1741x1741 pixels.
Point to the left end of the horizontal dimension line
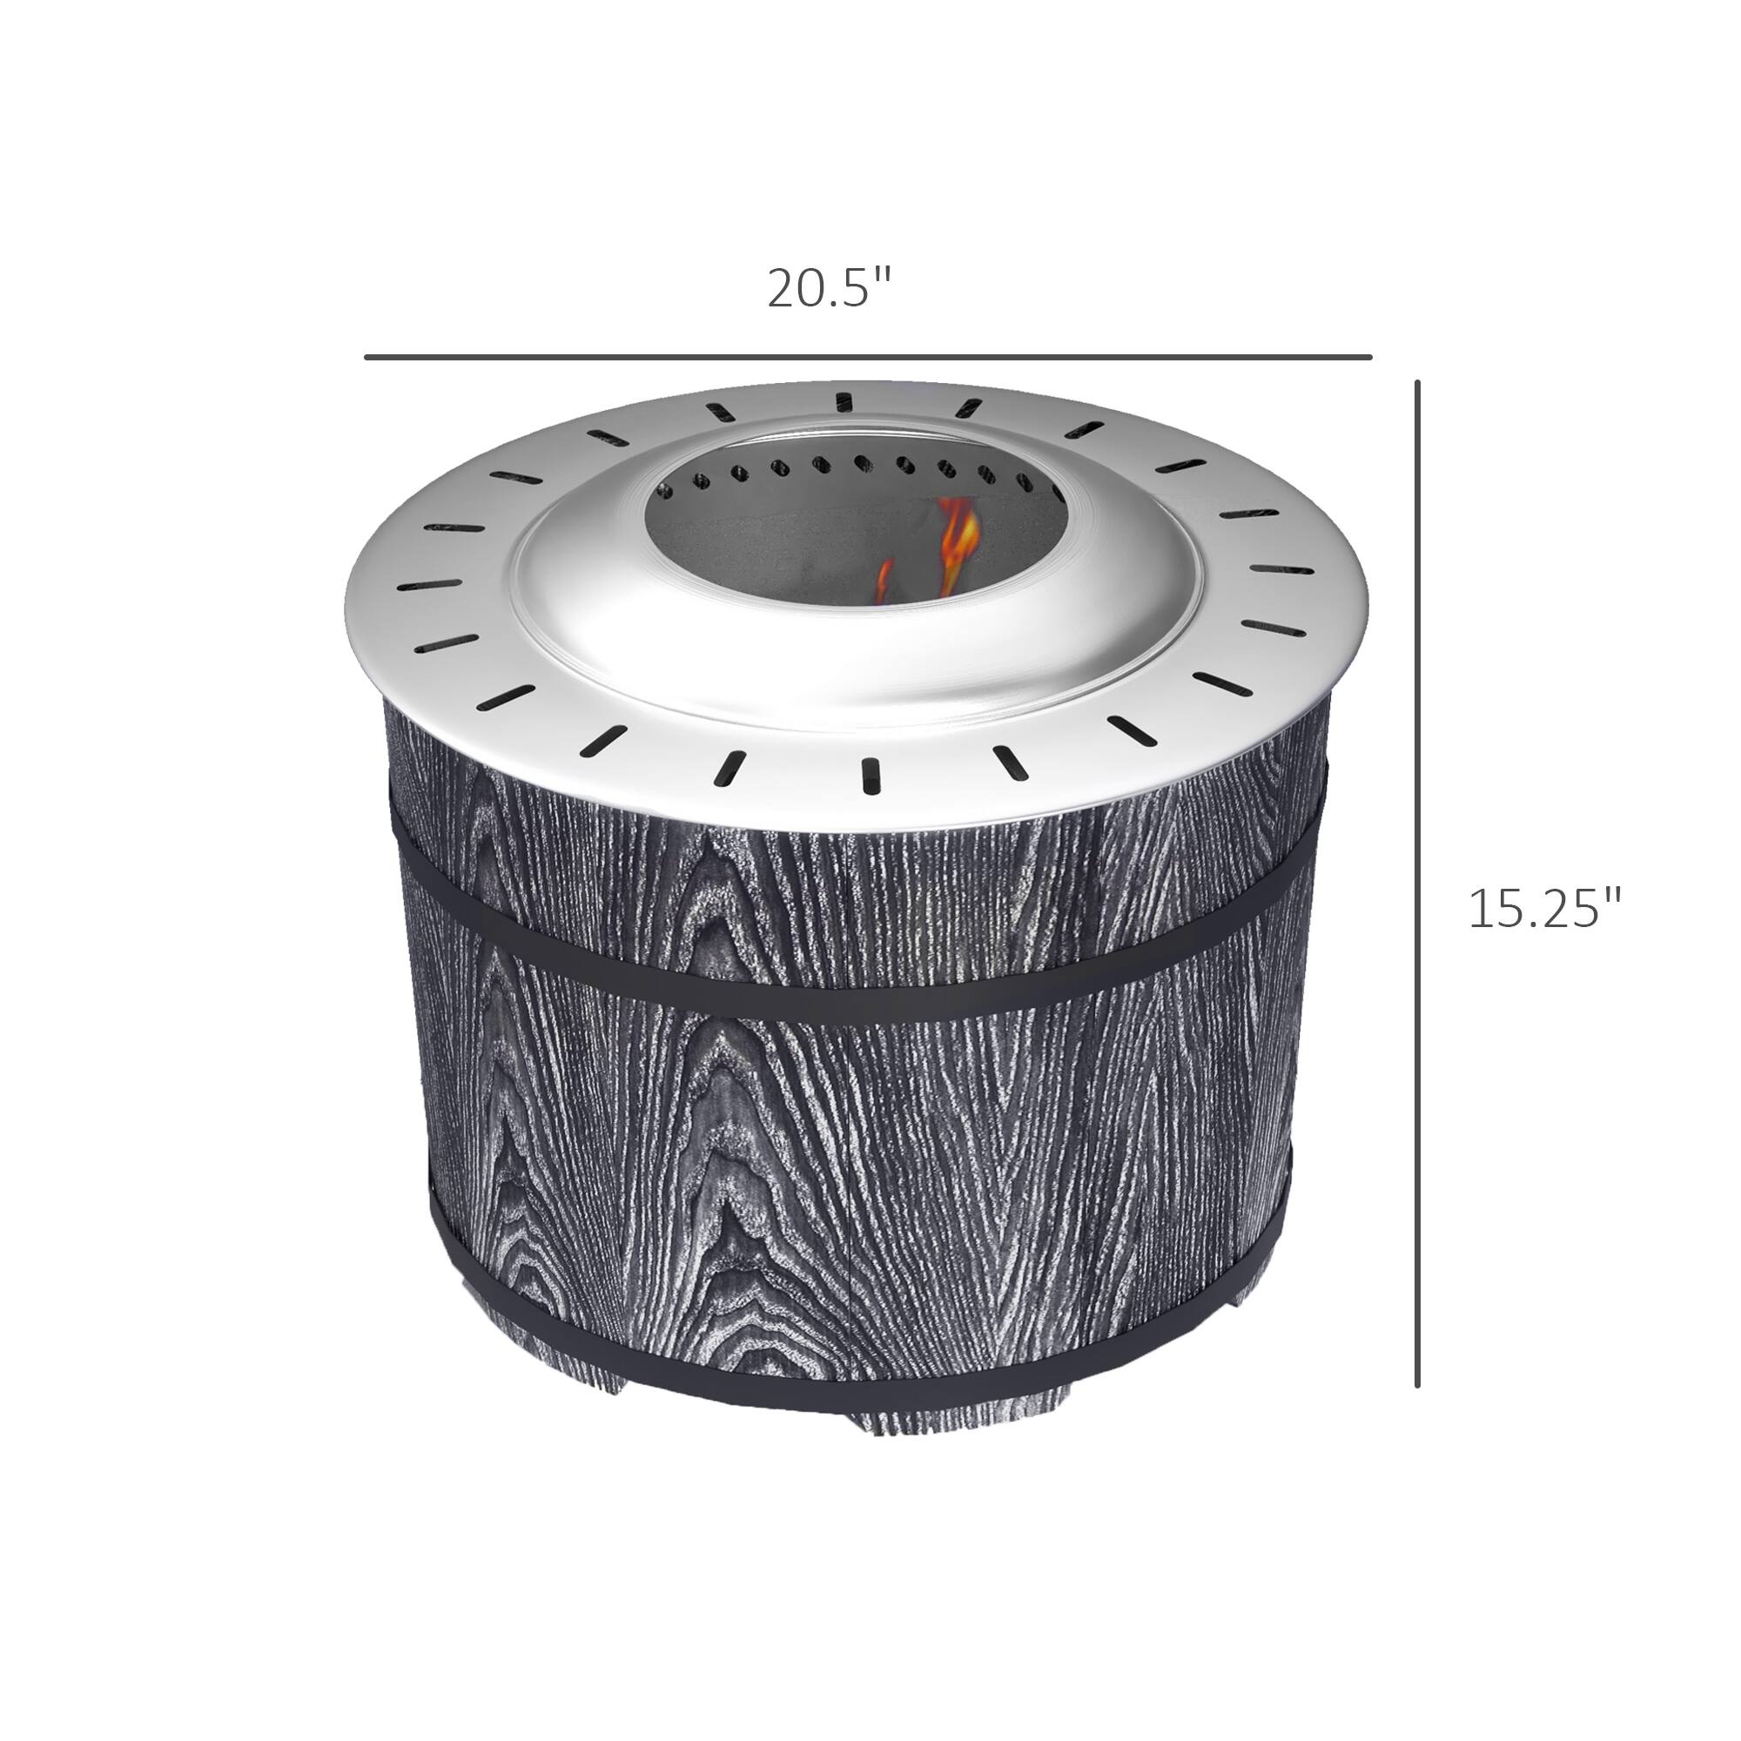(x=366, y=357)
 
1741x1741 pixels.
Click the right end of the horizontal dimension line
(x=1369, y=357)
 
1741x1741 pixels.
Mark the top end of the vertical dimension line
(x=1417, y=383)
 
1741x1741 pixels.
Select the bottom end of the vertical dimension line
(x=1417, y=1385)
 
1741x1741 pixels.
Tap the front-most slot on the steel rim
(x=870, y=775)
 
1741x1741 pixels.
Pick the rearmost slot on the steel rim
(x=843, y=402)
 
